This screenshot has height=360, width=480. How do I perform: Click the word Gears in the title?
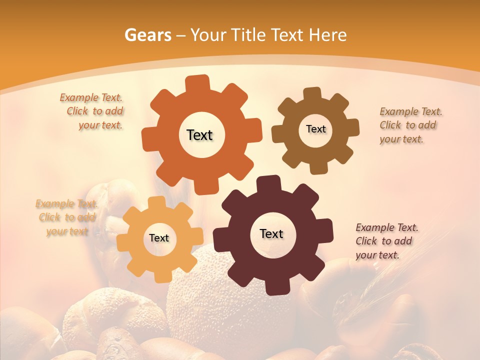point(147,35)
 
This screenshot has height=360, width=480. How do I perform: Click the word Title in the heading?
point(248,35)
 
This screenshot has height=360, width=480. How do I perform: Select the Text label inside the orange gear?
point(199,135)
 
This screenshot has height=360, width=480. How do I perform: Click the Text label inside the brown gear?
point(315,129)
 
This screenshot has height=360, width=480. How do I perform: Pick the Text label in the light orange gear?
point(159,238)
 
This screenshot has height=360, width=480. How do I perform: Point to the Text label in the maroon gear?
point(271,233)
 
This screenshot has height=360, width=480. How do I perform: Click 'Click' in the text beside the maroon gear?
point(366,241)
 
